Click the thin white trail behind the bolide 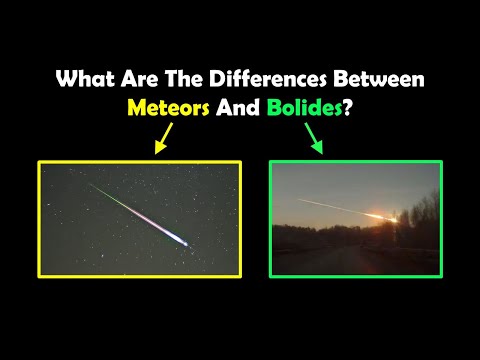[x=330, y=205]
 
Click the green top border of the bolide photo [x=356, y=162]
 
